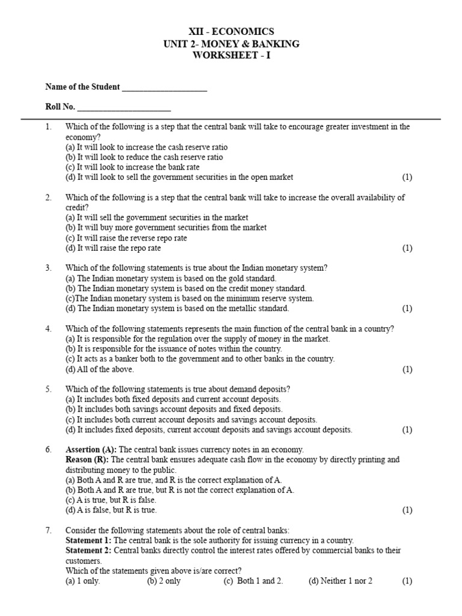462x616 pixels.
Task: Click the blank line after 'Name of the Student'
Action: pos(164,88)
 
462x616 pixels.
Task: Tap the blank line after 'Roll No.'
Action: pos(124,108)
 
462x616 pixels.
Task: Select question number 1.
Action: pos(49,127)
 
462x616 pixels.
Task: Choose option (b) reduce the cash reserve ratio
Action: pos(144,157)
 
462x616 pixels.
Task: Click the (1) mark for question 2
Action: pos(407,248)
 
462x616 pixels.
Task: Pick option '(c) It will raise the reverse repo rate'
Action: pos(126,238)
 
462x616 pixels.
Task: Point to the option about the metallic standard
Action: pos(177,309)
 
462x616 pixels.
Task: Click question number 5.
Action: pos(49,389)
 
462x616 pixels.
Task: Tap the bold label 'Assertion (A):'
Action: pos(91,449)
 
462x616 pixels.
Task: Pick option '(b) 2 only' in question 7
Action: pos(164,581)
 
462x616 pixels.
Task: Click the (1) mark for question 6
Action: pos(407,510)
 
